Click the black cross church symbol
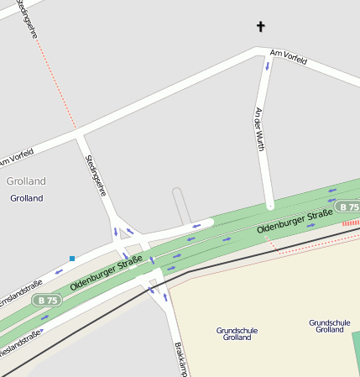pos(260,27)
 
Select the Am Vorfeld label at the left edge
pos(16,156)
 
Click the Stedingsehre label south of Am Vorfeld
pos(97,174)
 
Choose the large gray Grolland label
pos(25,181)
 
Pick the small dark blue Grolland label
pos(26,198)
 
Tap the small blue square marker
pos(72,258)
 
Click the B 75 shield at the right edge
pos(347,207)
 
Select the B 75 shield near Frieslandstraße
pos(46,300)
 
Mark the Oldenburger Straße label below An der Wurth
pos(290,223)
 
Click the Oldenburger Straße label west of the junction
pos(105,275)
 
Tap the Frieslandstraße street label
pos(19,343)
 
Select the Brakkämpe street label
pos(179,359)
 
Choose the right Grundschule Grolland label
pos(329,326)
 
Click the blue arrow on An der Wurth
pos(267,65)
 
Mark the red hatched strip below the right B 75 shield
pos(350,223)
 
